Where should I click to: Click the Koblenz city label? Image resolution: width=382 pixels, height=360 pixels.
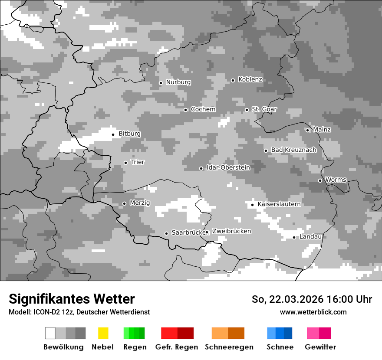(x=250, y=80)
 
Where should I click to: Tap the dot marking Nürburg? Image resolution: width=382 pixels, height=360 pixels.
(x=161, y=83)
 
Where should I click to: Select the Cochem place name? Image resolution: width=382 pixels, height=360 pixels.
(x=203, y=109)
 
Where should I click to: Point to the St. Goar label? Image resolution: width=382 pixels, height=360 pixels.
(x=264, y=109)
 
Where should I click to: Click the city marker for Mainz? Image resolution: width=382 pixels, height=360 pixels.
(x=307, y=130)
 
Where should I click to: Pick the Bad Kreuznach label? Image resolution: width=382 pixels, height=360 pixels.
(x=293, y=150)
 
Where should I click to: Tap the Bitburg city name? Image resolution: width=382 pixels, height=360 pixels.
(x=129, y=134)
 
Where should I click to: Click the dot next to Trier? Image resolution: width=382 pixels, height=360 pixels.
(x=125, y=163)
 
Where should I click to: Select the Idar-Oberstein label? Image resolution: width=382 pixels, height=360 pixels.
(x=228, y=167)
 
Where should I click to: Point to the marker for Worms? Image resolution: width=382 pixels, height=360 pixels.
(x=320, y=180)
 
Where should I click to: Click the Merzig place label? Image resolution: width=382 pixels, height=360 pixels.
(x=140, y=203)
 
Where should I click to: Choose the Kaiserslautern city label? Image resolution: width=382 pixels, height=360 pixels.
(x=279, y=204)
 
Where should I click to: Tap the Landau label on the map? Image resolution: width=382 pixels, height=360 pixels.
(x=310, y=237)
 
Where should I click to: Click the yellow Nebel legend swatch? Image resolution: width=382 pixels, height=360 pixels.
(x=103, y=333)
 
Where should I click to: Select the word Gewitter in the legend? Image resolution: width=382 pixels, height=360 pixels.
(x=320, y=347)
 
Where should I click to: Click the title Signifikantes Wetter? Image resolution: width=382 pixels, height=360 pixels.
(x=72, y=299)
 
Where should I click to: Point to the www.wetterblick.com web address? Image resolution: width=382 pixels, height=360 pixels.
(x=313, y=312)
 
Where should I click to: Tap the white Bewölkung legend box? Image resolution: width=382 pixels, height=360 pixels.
(x=50, y=333)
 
